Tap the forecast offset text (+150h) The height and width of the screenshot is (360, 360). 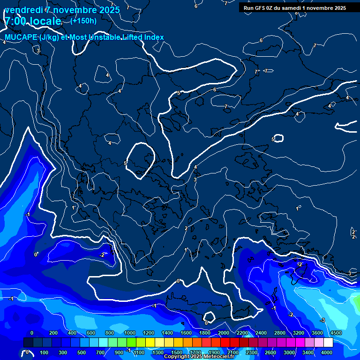[x=83, y=21]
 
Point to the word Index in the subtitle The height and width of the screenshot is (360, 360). [x=153, y=37]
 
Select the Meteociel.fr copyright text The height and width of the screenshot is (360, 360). [x=199, y=357]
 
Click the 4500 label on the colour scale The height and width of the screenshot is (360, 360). [x=336, y=333]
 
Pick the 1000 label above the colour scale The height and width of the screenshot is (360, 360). [x=130, y=333]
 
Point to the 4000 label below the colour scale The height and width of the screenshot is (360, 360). [x=327, y=352]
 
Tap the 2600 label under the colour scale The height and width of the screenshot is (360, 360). [x=270, y=352]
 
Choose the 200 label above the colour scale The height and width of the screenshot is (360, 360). [x=53, y=333]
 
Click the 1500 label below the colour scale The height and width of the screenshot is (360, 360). [x=177, y=352]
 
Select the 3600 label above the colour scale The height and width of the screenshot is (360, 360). [x=317, y=333]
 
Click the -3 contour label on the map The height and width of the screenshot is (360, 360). [x=322, y=320]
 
